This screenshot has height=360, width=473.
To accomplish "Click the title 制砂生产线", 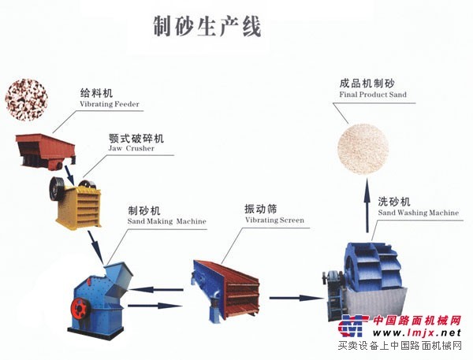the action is [207, 27].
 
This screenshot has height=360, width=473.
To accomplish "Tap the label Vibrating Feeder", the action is [110, 104].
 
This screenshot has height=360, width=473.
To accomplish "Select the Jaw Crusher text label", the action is [131, 148].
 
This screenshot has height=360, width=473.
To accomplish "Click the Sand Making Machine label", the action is [167, 221].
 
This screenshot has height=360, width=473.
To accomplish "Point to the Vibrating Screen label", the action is [274, 220].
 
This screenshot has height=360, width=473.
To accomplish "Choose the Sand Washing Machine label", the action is [419, 213].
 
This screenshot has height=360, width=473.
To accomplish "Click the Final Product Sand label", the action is [373, 95].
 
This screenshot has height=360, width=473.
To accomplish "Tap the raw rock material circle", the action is [27, 99].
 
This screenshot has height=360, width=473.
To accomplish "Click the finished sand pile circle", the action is [363, 149].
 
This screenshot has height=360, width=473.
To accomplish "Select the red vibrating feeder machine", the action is [45, 150].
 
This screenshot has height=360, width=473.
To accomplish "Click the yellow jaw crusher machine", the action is [77, 202].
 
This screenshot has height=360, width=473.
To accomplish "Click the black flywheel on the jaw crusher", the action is [57, 189].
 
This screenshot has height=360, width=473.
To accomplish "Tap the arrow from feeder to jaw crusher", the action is [69, 175].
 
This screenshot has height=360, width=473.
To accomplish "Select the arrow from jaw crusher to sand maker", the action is [96, 247].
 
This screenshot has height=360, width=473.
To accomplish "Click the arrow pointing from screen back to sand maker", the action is [156, 290].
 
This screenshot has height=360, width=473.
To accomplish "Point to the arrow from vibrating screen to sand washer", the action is [296, 298].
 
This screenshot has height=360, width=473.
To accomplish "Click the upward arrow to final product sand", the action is [367, 205].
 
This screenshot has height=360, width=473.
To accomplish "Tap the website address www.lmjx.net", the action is [417, 333].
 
